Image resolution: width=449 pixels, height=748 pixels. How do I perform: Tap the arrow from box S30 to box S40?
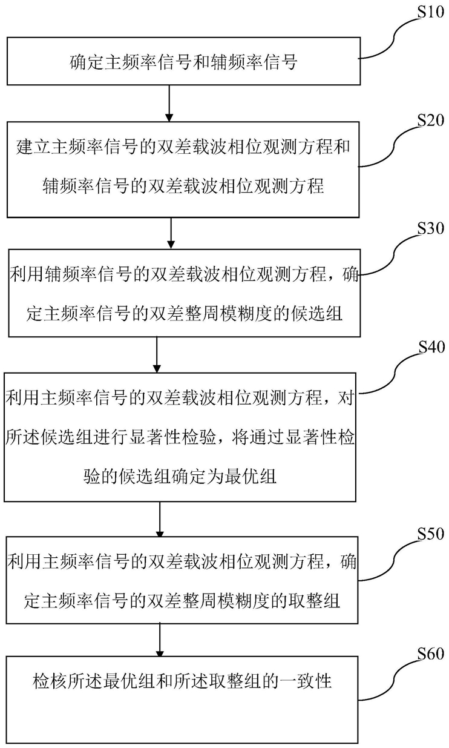pos(157,355)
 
